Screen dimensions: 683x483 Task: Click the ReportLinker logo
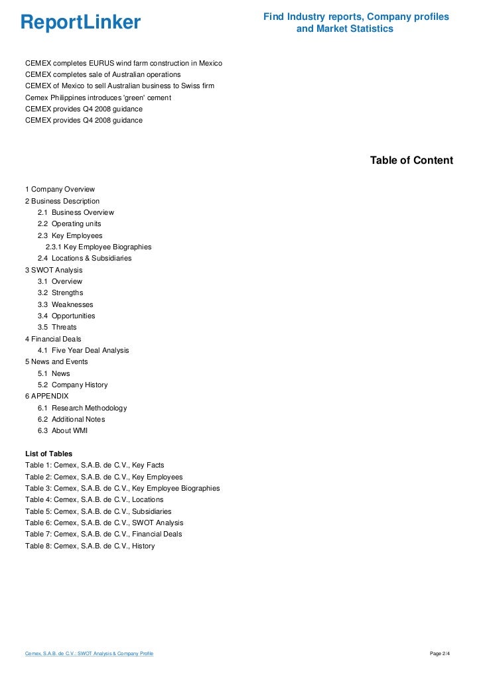80,23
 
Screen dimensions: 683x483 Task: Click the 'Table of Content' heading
411,160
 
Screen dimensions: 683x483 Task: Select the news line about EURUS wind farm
123,63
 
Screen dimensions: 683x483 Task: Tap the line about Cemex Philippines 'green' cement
98,97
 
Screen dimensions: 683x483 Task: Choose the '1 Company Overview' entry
60,190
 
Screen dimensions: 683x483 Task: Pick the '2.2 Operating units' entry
69,224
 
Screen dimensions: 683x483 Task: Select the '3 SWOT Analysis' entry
54,270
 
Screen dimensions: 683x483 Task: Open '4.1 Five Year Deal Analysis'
83,350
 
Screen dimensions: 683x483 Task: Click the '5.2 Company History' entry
72,385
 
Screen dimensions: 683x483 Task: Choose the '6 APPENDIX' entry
46,396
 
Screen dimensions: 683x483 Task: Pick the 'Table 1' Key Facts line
94,465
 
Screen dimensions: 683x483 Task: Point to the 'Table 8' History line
90,546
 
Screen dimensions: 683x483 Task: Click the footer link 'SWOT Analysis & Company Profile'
89,654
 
